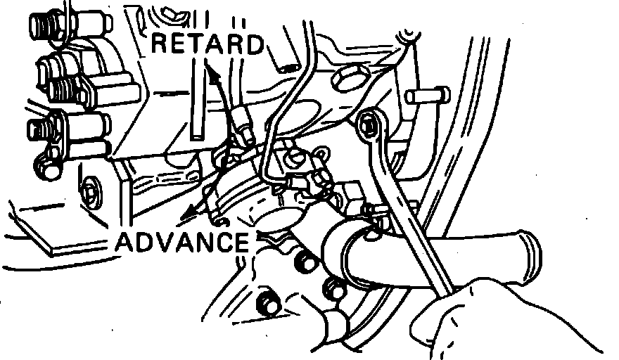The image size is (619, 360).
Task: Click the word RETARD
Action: [x=208, y=44]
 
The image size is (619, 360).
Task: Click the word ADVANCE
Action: [x=181, y=242]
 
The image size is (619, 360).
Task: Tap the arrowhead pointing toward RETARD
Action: [x=210, y=69]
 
